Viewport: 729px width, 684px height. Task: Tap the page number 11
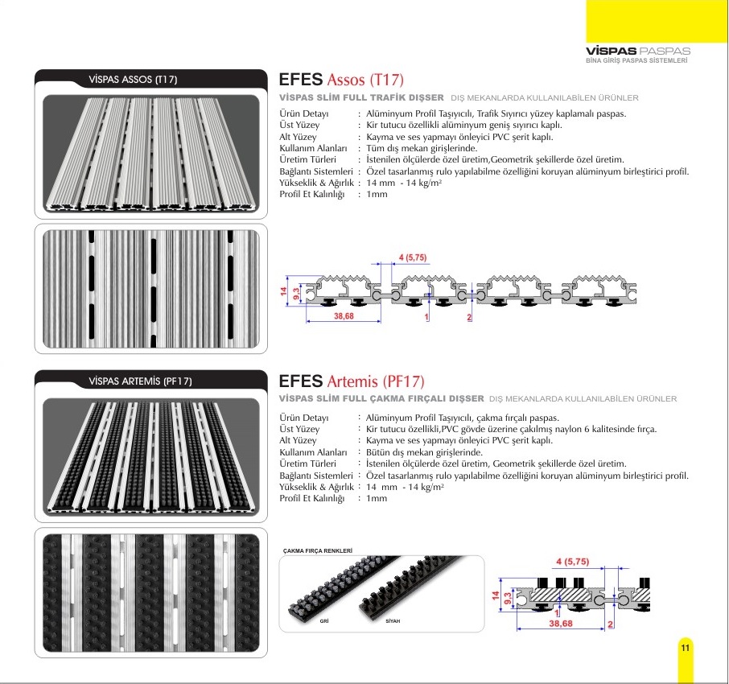tap(686, 648)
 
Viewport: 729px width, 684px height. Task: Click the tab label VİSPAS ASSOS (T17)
tap(133, 80)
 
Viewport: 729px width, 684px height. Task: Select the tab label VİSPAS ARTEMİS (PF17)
tap(140, 381)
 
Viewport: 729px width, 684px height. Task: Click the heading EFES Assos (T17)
tap(341, 80)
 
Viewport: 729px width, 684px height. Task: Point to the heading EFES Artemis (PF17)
tap(352, 381)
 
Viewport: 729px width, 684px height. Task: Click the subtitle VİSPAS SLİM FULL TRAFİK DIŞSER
tap(361, 97)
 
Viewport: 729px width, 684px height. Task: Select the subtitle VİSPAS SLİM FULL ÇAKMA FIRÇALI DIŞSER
tap(381, 398)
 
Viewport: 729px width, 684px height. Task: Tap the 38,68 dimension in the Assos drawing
tap(344, 316)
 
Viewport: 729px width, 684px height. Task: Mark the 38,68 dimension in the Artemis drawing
tap(561, 623)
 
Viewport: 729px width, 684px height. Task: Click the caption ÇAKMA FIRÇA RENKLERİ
tap(318, 550)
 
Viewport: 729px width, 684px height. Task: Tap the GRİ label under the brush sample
tap(324, 621)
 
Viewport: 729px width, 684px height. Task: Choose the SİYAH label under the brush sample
tap(393, 621)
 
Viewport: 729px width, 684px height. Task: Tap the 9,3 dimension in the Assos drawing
tap(296, 294)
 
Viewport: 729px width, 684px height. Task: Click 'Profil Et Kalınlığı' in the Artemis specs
tap(312, 498)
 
